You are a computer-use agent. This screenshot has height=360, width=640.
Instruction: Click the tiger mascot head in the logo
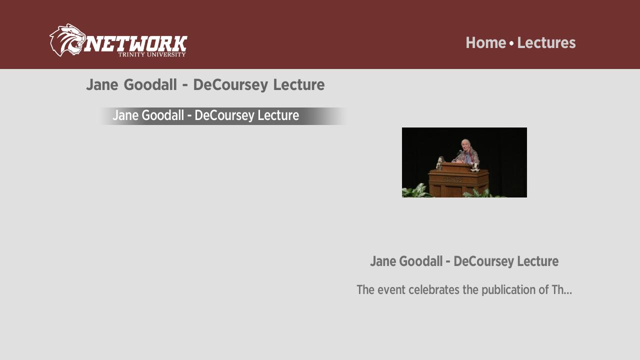click(x=67, y=40)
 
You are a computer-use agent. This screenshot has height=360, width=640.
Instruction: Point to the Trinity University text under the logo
click(x=152, y=54)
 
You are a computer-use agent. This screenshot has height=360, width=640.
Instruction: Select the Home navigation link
click(x=485, y=43)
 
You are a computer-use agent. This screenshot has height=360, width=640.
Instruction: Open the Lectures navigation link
click(x=546, y=43)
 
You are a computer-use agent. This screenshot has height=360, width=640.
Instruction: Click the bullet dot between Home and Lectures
click(x=511, y=43)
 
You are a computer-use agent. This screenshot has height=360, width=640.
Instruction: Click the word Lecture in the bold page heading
click(x=299, y=84)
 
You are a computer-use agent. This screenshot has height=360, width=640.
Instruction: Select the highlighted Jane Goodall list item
click(x=223, y=116)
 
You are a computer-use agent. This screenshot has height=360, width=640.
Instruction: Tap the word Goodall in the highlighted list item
click(x=162, y=115)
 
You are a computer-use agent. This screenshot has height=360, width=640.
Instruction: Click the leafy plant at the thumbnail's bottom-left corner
click(x=417, y=191)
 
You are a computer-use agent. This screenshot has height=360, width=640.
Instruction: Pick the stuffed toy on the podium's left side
click(x=439, y=163)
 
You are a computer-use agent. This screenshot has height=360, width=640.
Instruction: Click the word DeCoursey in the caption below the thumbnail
click(x=483, y=261)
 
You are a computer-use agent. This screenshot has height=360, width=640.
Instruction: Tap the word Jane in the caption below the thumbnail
click(x=382, y=261)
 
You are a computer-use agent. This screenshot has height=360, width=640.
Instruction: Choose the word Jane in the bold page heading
click(x=102, y=84)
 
